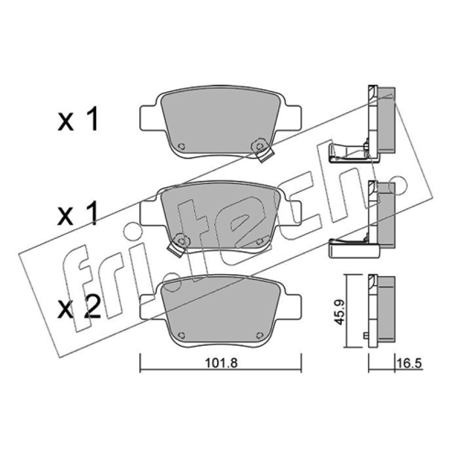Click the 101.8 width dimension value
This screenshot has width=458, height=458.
[x=221, y=363]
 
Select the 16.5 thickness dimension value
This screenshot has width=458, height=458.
[x=409, y=364]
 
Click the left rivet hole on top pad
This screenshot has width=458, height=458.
[x=181, y=146]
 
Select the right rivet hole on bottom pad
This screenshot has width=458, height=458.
[x=259, y=335]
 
